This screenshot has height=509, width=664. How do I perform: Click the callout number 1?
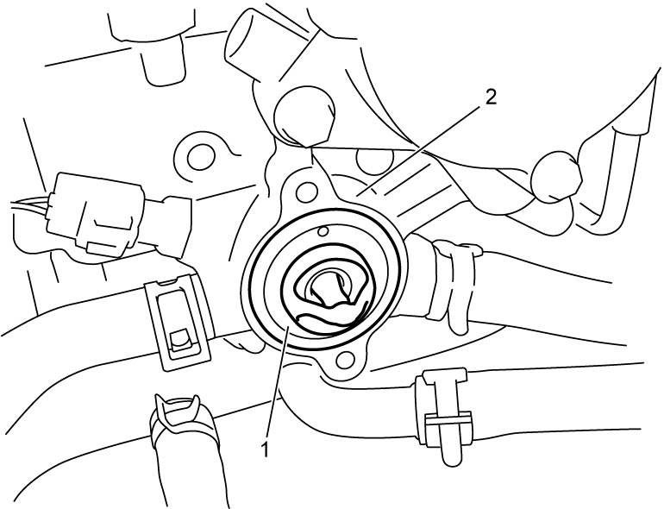coord(266,449)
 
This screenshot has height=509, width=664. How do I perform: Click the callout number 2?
coord(490,97)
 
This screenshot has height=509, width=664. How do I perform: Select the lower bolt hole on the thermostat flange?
coord(345,360)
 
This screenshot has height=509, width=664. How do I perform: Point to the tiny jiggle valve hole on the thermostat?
coord(323,231)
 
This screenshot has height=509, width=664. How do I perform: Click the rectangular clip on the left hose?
coord(178,321)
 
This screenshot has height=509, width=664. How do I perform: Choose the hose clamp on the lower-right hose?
coord(442,413)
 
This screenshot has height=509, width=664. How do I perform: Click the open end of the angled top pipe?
coord(241,42)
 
